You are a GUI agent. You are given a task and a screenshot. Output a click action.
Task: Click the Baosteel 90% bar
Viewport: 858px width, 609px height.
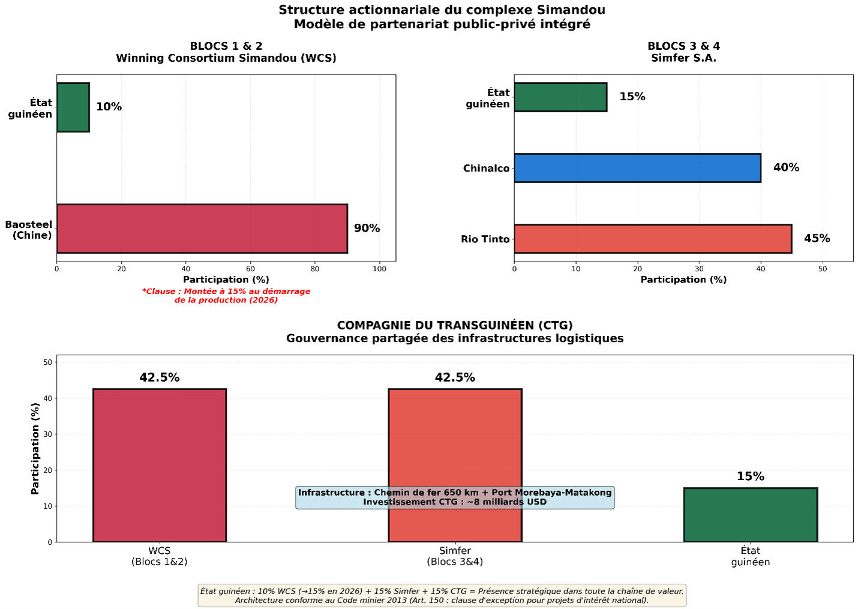coord(202,229)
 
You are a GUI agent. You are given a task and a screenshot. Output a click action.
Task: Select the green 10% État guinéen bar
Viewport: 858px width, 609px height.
coord(73,107)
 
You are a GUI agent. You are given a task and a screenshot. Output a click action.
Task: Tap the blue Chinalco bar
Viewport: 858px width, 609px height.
coord(637,168)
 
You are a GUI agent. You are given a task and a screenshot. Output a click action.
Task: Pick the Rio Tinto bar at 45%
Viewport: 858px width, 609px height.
coord(653,239)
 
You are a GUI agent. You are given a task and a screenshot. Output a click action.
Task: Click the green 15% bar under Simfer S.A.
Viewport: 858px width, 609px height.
coord(560,97)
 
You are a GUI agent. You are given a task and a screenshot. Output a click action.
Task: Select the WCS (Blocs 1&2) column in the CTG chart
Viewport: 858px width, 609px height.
coord(160,465)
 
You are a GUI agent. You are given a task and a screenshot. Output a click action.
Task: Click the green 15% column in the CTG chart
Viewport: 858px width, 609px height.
coord(750,515)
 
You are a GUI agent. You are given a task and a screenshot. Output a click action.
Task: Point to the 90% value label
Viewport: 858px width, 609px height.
coord(367,229)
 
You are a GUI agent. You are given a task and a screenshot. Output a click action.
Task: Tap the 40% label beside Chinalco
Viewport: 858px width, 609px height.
coord(786,168)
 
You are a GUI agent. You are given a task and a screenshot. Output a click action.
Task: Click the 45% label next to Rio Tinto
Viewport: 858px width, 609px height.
coord(817,239)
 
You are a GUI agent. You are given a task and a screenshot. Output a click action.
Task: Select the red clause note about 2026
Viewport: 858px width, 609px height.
coord(226,296)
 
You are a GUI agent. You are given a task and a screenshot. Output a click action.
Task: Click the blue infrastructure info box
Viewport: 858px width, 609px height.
coord(455,497)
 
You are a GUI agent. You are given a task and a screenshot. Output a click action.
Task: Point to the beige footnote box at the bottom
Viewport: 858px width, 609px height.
coord(442,596)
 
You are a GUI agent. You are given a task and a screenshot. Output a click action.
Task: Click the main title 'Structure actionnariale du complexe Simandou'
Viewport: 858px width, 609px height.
coord(442,10)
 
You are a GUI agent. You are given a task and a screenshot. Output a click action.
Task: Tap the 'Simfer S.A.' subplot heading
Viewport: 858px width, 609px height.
coord(683,58)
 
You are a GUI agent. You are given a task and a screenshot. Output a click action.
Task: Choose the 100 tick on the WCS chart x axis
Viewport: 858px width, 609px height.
coord(379,269)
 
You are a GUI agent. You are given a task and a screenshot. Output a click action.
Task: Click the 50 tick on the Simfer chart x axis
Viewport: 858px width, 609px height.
coord(823,269)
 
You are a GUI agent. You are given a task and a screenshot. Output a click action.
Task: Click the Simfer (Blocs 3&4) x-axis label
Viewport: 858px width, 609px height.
coord(455,556)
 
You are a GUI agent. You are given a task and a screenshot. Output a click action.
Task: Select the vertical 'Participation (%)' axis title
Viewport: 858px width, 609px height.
coord(35,448)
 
